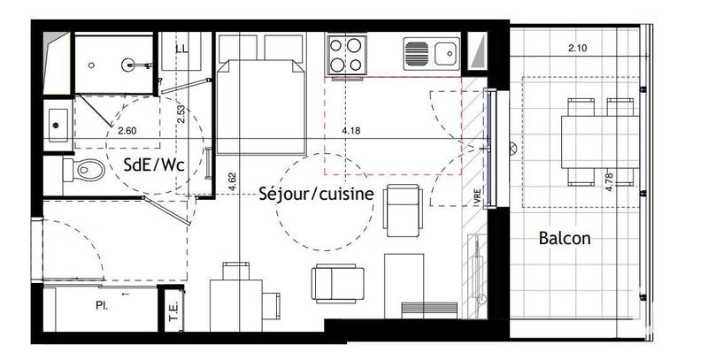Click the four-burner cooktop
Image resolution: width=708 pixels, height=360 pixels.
pyautogui.click(x=348, y=55)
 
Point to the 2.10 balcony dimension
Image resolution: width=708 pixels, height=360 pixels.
pyautogui.click(x=578, y=48)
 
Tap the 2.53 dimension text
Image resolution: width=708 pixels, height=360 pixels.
pyautogui.click(x=181, y=113)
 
